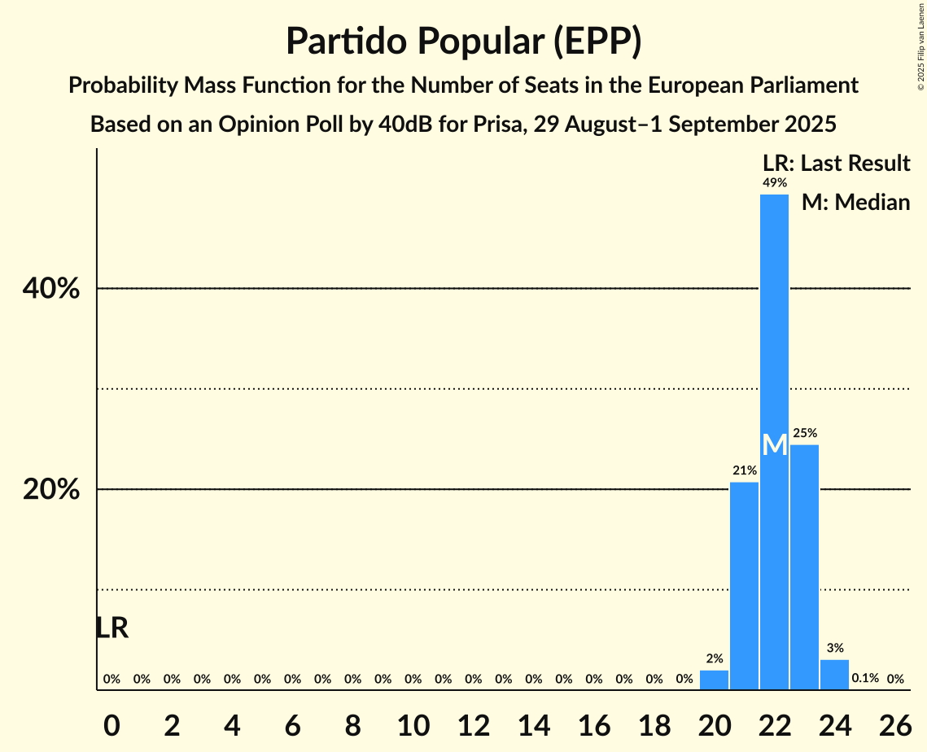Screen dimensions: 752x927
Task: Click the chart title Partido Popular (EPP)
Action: coord(463,42)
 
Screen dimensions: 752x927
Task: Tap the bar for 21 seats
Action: coord(744,586)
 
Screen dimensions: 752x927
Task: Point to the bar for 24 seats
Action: coord(834,675)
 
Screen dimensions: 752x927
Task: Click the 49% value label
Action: coord(774,183)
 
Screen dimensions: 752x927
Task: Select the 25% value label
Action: coord(804,433)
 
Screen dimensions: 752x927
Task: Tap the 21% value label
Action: coord(744,470)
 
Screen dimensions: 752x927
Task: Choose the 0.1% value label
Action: coord(864,678)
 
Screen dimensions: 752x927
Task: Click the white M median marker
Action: coord(775,444)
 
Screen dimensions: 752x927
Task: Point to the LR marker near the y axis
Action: coord(112,628)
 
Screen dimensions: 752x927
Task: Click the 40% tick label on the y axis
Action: coord(51,289)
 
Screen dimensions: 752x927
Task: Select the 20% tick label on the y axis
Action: coord(51,490)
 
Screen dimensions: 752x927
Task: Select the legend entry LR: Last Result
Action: coord(836,164)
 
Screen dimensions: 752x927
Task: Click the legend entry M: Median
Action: coord(855,203)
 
